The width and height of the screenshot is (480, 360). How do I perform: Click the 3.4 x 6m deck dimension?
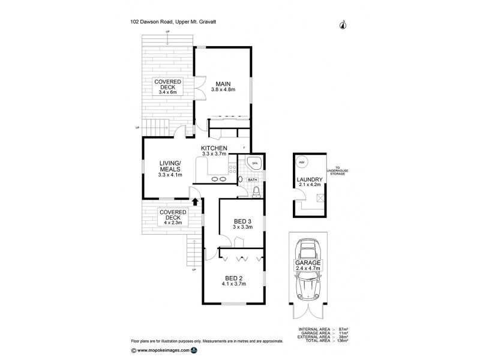click(169, 92)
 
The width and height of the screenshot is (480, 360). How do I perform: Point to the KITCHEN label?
click(213, 148)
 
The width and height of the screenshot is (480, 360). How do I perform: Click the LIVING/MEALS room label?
click(170, 166)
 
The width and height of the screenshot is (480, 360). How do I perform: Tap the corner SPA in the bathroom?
click(253, 164)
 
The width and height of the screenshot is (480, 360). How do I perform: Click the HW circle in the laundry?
click(302, 163)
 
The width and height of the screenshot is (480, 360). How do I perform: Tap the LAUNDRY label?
click(310, 180)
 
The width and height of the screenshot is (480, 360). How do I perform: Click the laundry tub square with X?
click(320, 197)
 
